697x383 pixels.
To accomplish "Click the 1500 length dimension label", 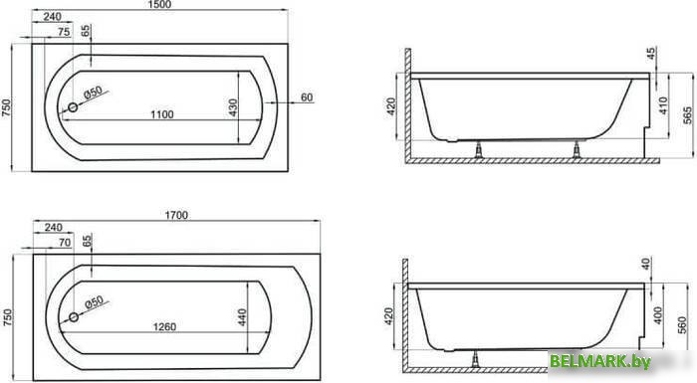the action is click(x=159, y=4).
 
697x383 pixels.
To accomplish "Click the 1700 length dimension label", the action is click(x=176, y=215).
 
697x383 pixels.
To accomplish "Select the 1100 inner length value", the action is click(x=161, y=114).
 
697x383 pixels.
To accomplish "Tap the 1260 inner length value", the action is click(x=164, y=326).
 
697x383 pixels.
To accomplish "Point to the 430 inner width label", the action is click(x=233, y=108).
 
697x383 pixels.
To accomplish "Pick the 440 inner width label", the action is click(x=242, y=317).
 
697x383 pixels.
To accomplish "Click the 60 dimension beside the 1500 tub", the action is click(x=307, y=97).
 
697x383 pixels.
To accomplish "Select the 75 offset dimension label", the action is click(x=64, y=32).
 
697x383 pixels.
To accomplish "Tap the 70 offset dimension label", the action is click(x=65, y=243).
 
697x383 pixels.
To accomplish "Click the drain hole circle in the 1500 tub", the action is click(x=73, y=107).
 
